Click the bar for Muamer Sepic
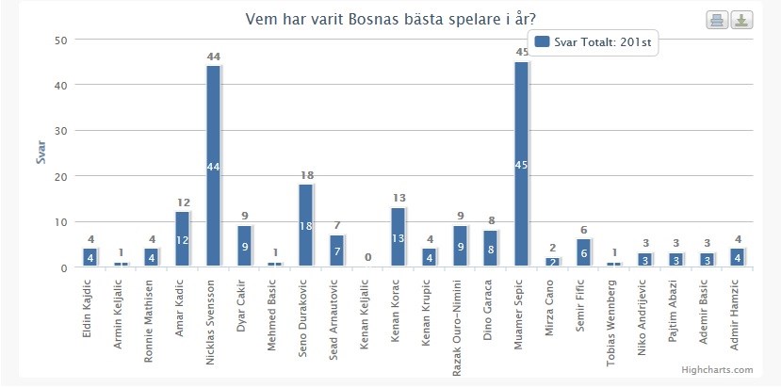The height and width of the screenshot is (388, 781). point(521,164)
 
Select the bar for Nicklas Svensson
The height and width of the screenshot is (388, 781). point(213,166)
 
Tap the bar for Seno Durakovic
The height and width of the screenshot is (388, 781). point(305,225)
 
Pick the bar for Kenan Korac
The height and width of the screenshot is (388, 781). point(398,236)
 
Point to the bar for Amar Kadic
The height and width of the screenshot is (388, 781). point(182,239)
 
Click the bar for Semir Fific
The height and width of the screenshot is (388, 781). point(583,252)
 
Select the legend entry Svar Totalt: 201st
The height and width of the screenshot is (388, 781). point(594,41)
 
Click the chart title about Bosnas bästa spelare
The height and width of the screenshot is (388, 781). point(397,19)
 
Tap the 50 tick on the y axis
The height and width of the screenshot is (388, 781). point(61,40)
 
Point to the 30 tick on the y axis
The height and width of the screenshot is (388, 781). point(61,131)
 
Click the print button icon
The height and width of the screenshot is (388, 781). point(716,21)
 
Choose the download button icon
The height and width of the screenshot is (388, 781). point(741,21)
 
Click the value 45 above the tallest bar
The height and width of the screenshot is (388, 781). point(521,53)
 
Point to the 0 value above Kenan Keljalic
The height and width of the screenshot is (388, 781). point(366,257)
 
